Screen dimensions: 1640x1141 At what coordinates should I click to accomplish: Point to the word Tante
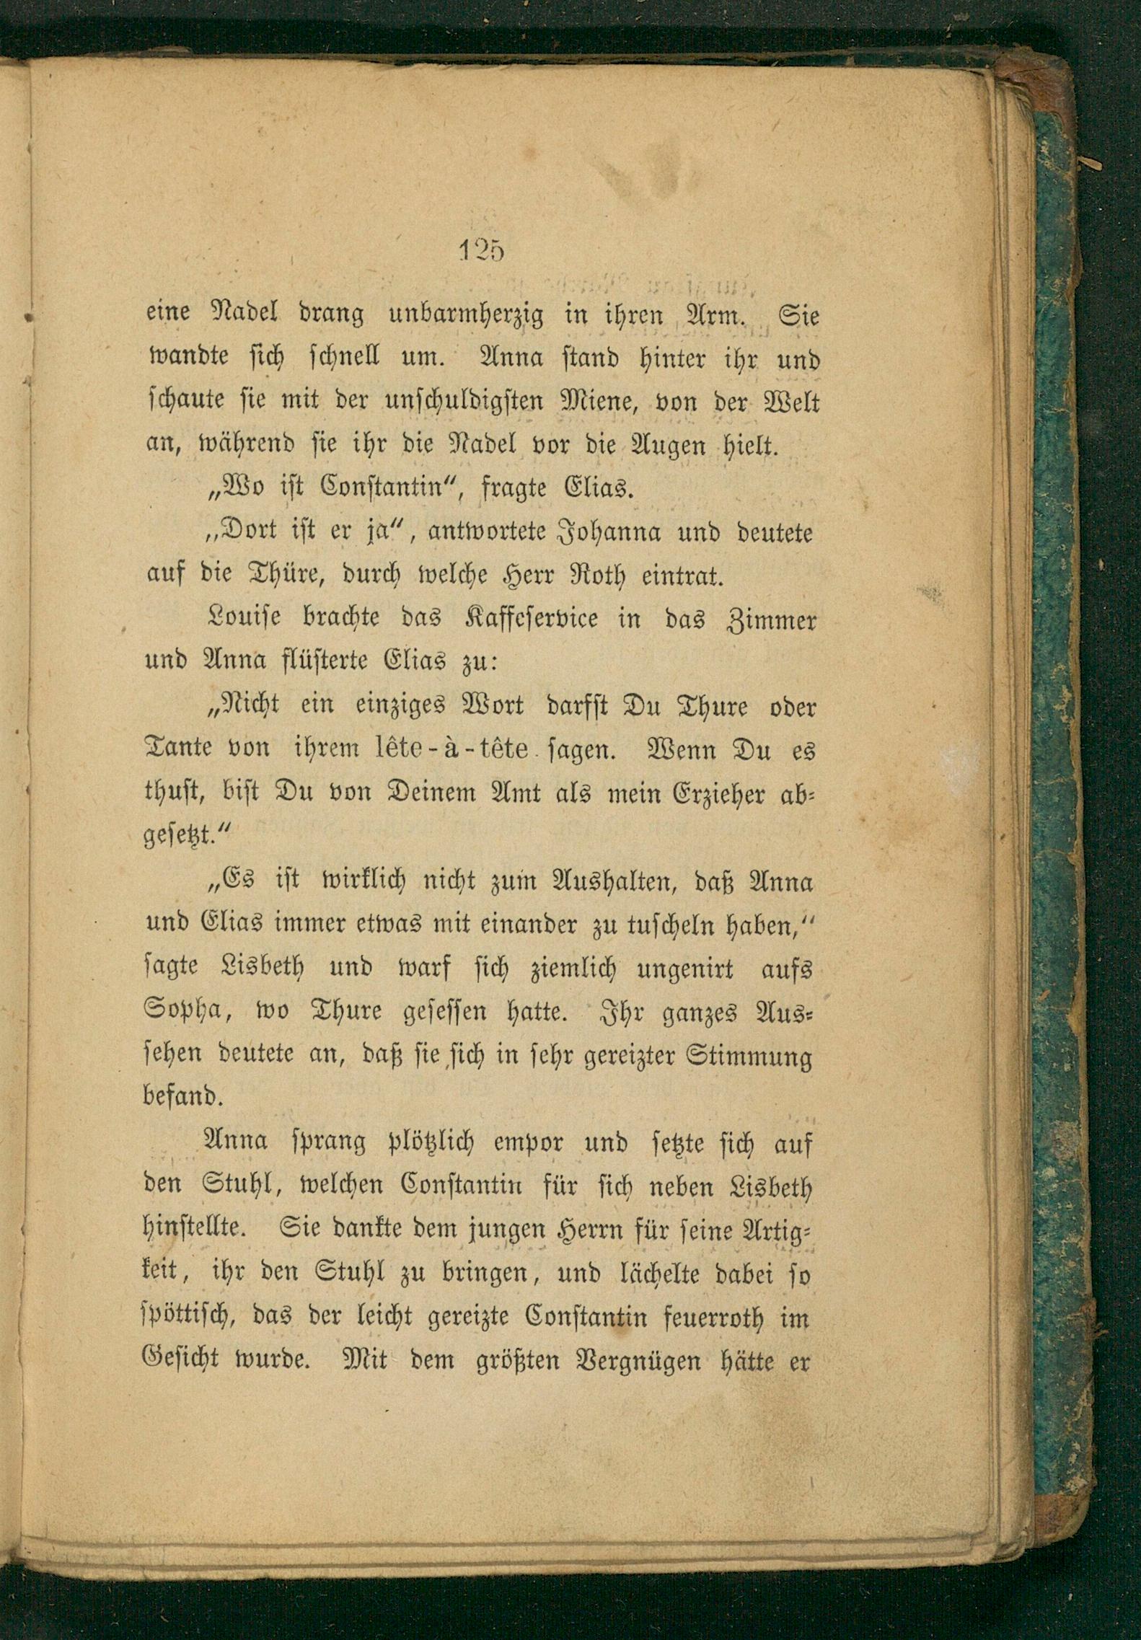[x=179, y=749]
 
